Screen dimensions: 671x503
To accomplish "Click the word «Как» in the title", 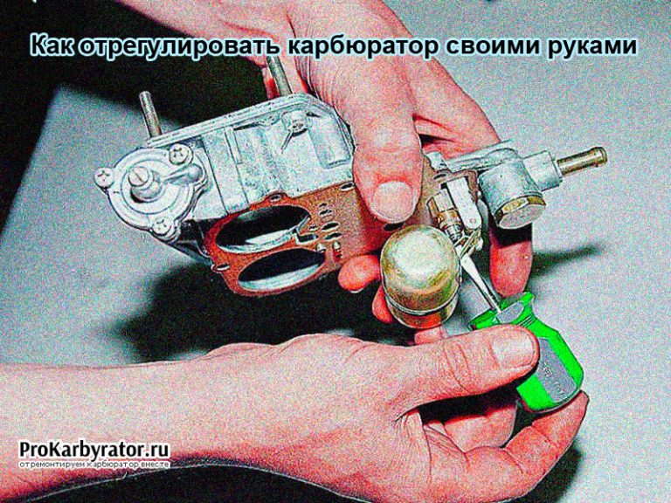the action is point(52,46).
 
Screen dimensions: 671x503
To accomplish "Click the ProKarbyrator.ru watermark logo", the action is point(94,450).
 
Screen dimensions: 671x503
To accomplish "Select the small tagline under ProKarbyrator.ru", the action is point(94,464).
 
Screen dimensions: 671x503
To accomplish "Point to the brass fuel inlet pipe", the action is point(582,161).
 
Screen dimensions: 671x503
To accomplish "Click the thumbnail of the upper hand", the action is point(389,200).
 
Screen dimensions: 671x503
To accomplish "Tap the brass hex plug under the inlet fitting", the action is point(519,211).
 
